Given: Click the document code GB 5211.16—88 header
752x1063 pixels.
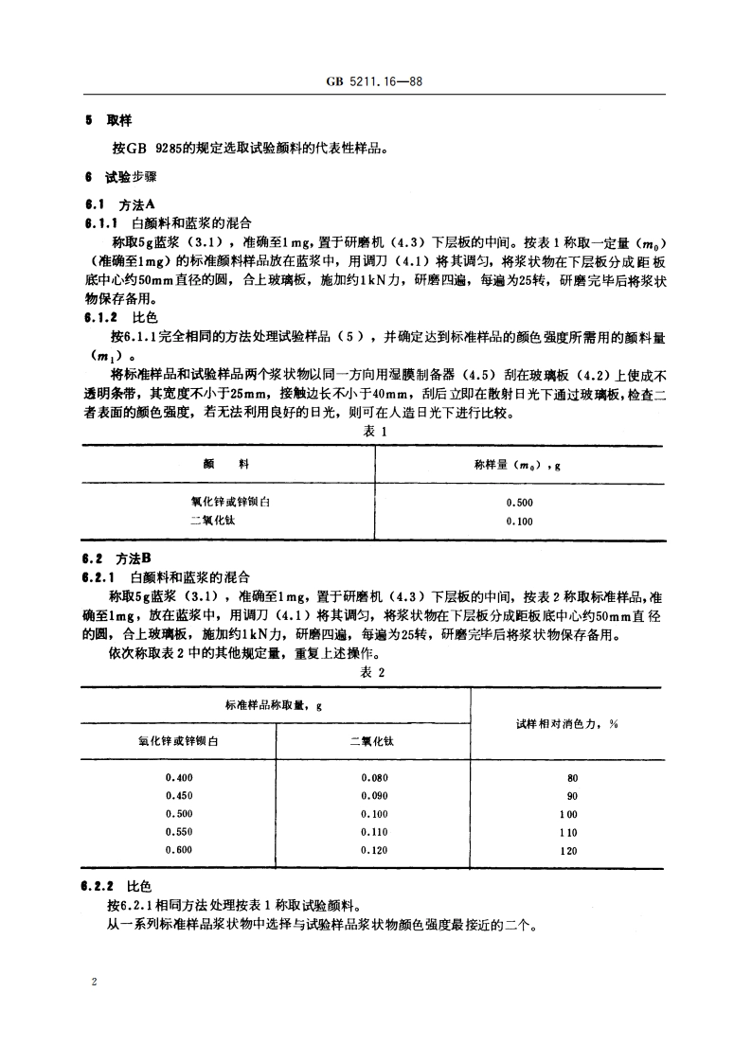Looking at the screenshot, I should (376, 82).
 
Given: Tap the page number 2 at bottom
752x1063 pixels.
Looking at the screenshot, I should (95, 983).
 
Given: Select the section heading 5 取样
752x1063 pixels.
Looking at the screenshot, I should (109, 120).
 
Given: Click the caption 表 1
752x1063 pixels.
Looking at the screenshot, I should (376, 431).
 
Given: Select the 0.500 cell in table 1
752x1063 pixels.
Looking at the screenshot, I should (519, 503).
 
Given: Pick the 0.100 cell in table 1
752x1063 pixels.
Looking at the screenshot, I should (519, 521).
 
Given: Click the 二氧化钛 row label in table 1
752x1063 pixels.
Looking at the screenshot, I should (214, 521).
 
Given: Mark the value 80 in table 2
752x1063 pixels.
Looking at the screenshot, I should (572, 779).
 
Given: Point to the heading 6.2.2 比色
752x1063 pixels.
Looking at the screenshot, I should (116, 887).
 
